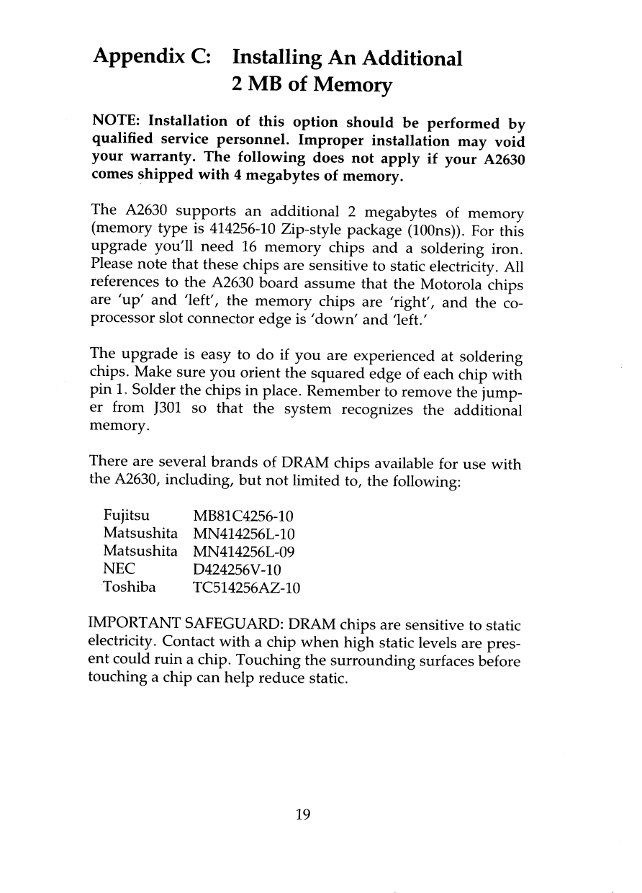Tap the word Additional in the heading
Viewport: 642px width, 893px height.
406,57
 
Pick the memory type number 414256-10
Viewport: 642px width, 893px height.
246,233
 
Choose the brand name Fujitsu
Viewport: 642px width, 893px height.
127,516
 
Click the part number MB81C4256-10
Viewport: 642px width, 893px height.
245,516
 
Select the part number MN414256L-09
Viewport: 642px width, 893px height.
245,552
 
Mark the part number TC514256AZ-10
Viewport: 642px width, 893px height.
246,588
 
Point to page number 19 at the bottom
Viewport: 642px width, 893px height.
303,815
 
